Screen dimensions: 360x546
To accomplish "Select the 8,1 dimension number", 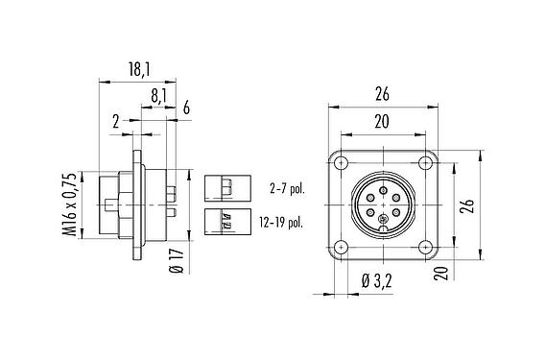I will pos(161,96).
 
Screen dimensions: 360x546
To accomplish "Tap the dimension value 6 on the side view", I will pos(184,108).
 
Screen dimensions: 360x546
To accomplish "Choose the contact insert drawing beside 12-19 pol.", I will pos(226,221).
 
